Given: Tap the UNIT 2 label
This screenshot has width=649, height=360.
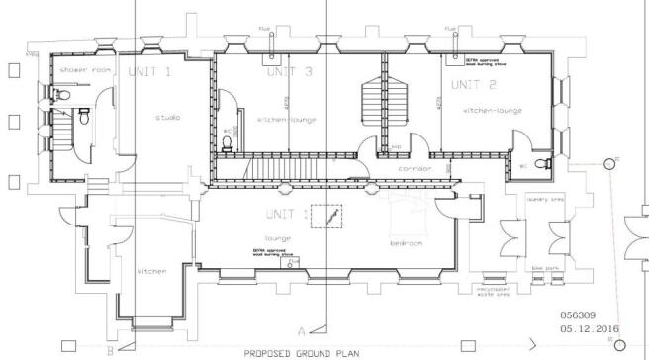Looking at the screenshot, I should [x=470, y=85].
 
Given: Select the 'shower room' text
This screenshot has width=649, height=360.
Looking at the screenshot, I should [x=77, y=71].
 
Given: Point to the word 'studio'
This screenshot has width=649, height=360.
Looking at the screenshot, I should [x=167, y=118].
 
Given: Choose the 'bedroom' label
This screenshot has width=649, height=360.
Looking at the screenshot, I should [x=407, y=242].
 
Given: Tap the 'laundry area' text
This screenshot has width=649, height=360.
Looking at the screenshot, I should [x=545, y=200].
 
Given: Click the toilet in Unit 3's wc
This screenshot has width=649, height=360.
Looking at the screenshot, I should [x=229, y=143].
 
